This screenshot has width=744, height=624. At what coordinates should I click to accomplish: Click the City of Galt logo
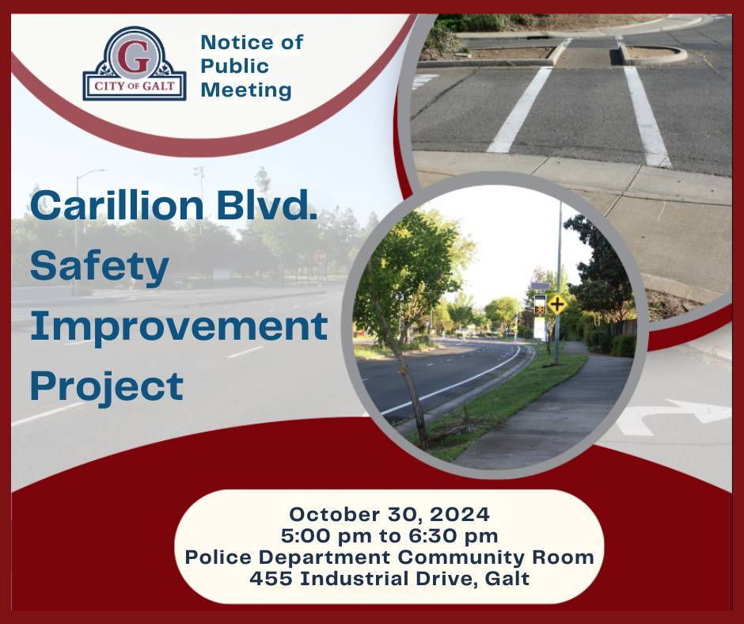[x=135, y=65]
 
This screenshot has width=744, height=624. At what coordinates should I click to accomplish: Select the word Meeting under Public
[x=245, y=90]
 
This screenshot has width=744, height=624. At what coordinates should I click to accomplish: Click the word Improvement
[x=179, y=326]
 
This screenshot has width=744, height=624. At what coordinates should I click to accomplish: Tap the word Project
[x=107, y=386]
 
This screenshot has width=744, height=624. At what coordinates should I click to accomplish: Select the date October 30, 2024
[x=389, y=513]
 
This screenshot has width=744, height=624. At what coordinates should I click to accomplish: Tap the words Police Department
[x=289, y=557]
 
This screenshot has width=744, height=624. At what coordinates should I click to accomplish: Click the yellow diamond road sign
[x=557, y=303]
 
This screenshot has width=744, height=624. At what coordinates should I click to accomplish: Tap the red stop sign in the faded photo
[x=320, y=257]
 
